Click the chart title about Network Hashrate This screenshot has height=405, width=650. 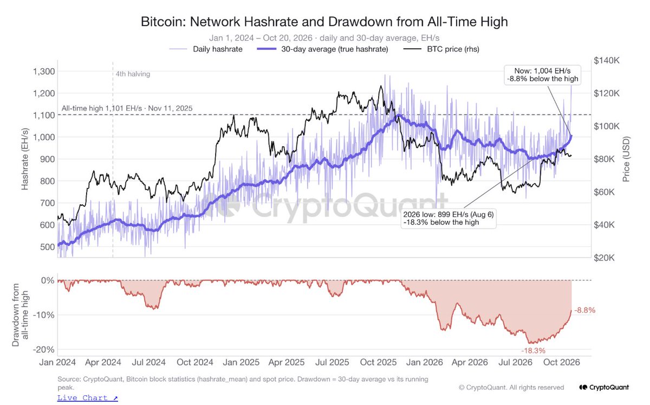click(324, 22)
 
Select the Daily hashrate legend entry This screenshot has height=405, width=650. click(206, 49)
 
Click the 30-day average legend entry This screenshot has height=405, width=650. click(322, 49)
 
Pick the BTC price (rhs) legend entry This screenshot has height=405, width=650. click(441, 49)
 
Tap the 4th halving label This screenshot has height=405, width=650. click(133, 74)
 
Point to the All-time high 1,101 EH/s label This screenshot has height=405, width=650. click(127, 108)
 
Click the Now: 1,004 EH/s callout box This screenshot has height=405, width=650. click(542, 75)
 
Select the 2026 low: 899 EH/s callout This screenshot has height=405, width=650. click(448, 218)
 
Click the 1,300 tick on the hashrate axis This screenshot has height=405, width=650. click(44, 71)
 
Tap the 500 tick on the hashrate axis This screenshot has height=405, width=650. click(48, 247)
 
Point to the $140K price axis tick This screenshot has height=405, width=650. click(607, 60)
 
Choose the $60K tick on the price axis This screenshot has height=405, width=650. click(604, 192)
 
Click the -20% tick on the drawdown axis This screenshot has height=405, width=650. click(43, 349)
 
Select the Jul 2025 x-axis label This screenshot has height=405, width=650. click(332, 362)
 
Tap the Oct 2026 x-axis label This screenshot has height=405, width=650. click(562, 362)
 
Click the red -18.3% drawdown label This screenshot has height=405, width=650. click(534, 351)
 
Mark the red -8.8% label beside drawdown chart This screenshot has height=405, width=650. click(584, 310)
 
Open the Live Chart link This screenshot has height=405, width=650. click(88, 398)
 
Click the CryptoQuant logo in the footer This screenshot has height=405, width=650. click(604, 387)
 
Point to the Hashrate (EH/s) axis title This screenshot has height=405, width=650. click(25, 159)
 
